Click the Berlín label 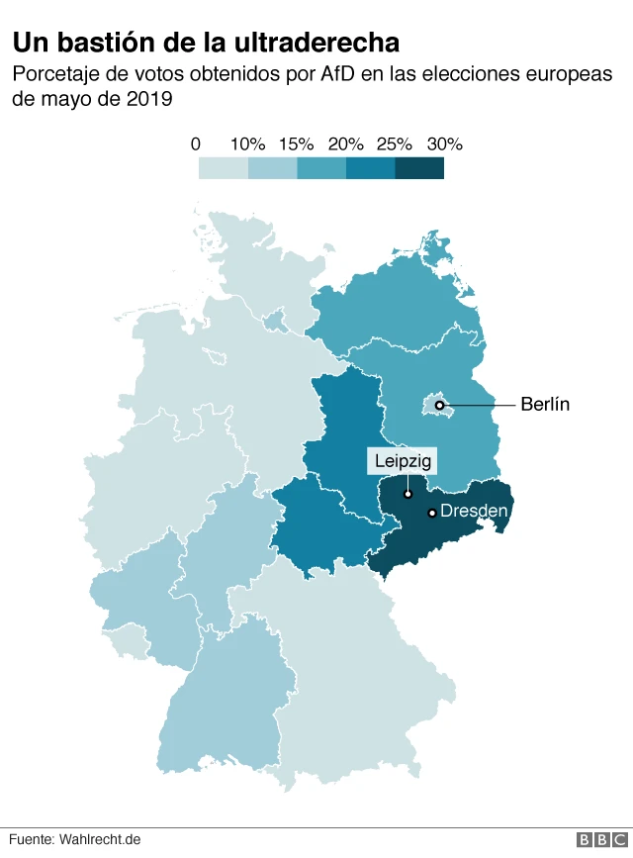click(545, 405)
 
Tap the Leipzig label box click(403, 461)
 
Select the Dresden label click(474, 512)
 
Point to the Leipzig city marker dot click(407, 493)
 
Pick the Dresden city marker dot click(432, 513)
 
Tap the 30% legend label click(444, 144)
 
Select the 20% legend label click(346, 144)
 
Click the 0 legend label click(196, 144)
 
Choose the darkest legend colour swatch click(419, 169)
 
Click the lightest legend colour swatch click(223, 169)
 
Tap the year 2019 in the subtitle click(152, 100)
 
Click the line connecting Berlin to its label click(480, 405)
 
